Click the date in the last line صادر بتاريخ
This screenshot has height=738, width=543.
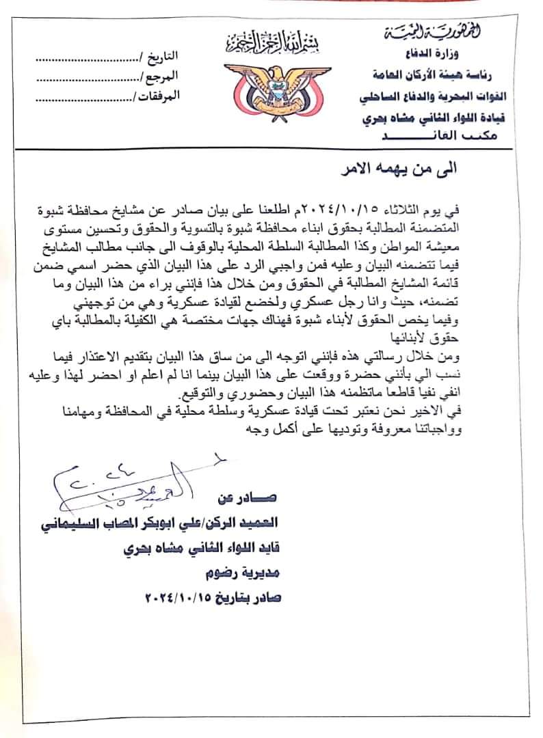(181, 597)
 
